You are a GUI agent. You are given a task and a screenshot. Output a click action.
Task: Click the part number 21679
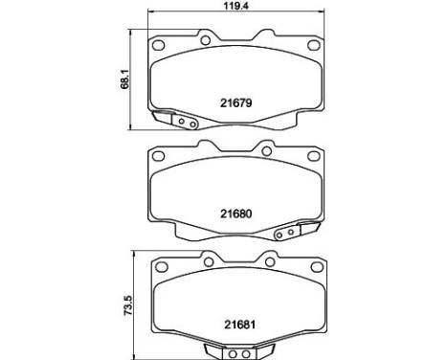click(235, 98)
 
